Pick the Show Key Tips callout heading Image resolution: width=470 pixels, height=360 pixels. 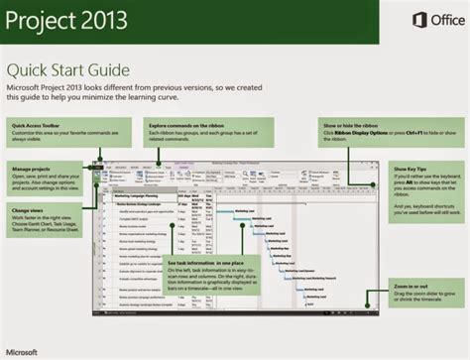pyautogui.click(x=411, y=170)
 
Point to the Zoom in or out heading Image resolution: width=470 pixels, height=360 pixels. pyautogui.click(x=410, y=286)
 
